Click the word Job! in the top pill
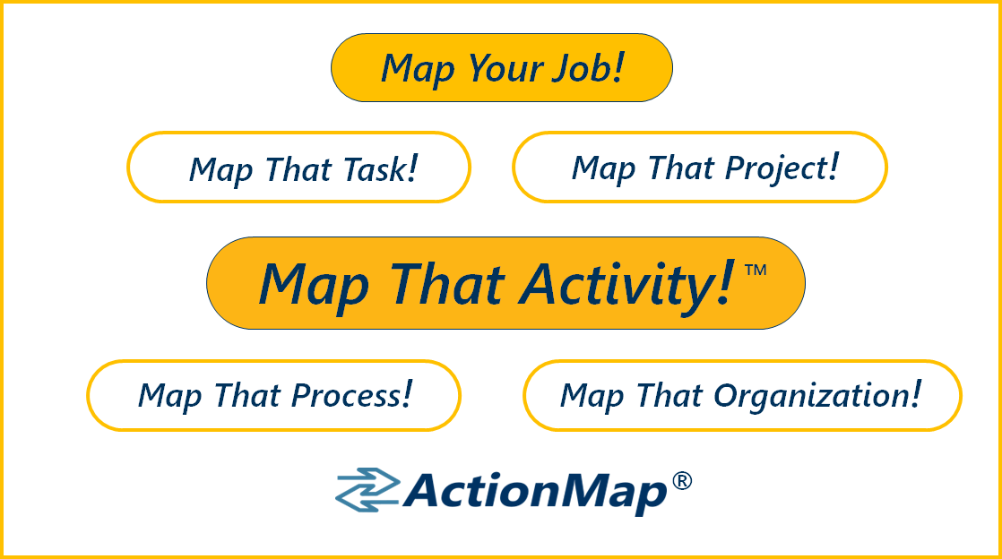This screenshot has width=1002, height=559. coord(588,68)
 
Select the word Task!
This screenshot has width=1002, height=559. coord(380,169)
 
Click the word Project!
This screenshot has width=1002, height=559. coord(782,168)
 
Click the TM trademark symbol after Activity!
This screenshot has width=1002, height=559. coord(756,270)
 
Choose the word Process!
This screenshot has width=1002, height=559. coord(351,395)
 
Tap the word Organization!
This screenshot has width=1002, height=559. coord(817,395)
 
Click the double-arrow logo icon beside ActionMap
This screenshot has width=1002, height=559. coord(367,490)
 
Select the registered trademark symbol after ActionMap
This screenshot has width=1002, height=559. coord(682,480)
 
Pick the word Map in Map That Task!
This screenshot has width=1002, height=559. coord(221,171)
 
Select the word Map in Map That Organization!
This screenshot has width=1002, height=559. coord(592,396)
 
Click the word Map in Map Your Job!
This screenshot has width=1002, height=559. coord(418,69)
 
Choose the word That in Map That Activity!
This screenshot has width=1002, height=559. coord(447,284)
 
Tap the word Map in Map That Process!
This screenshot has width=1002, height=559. coord(170,396)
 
